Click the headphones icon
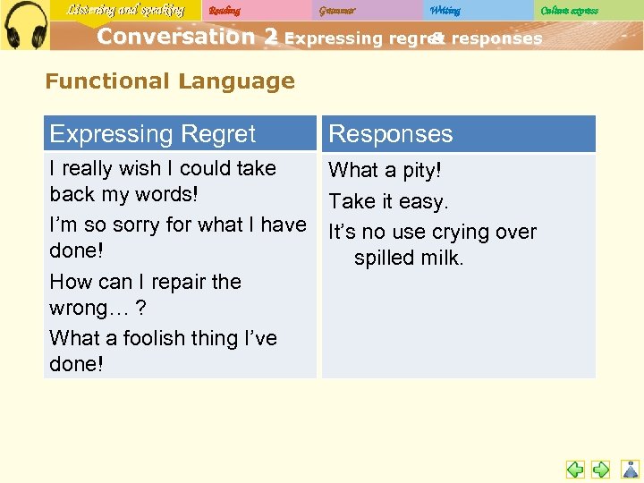24,24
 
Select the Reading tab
225,11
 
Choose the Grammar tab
337,11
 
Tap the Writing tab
445,11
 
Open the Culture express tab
570,11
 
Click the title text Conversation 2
187,37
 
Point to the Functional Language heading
170,81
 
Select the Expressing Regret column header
153,134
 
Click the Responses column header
391,134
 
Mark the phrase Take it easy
388,202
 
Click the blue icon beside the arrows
631,469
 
